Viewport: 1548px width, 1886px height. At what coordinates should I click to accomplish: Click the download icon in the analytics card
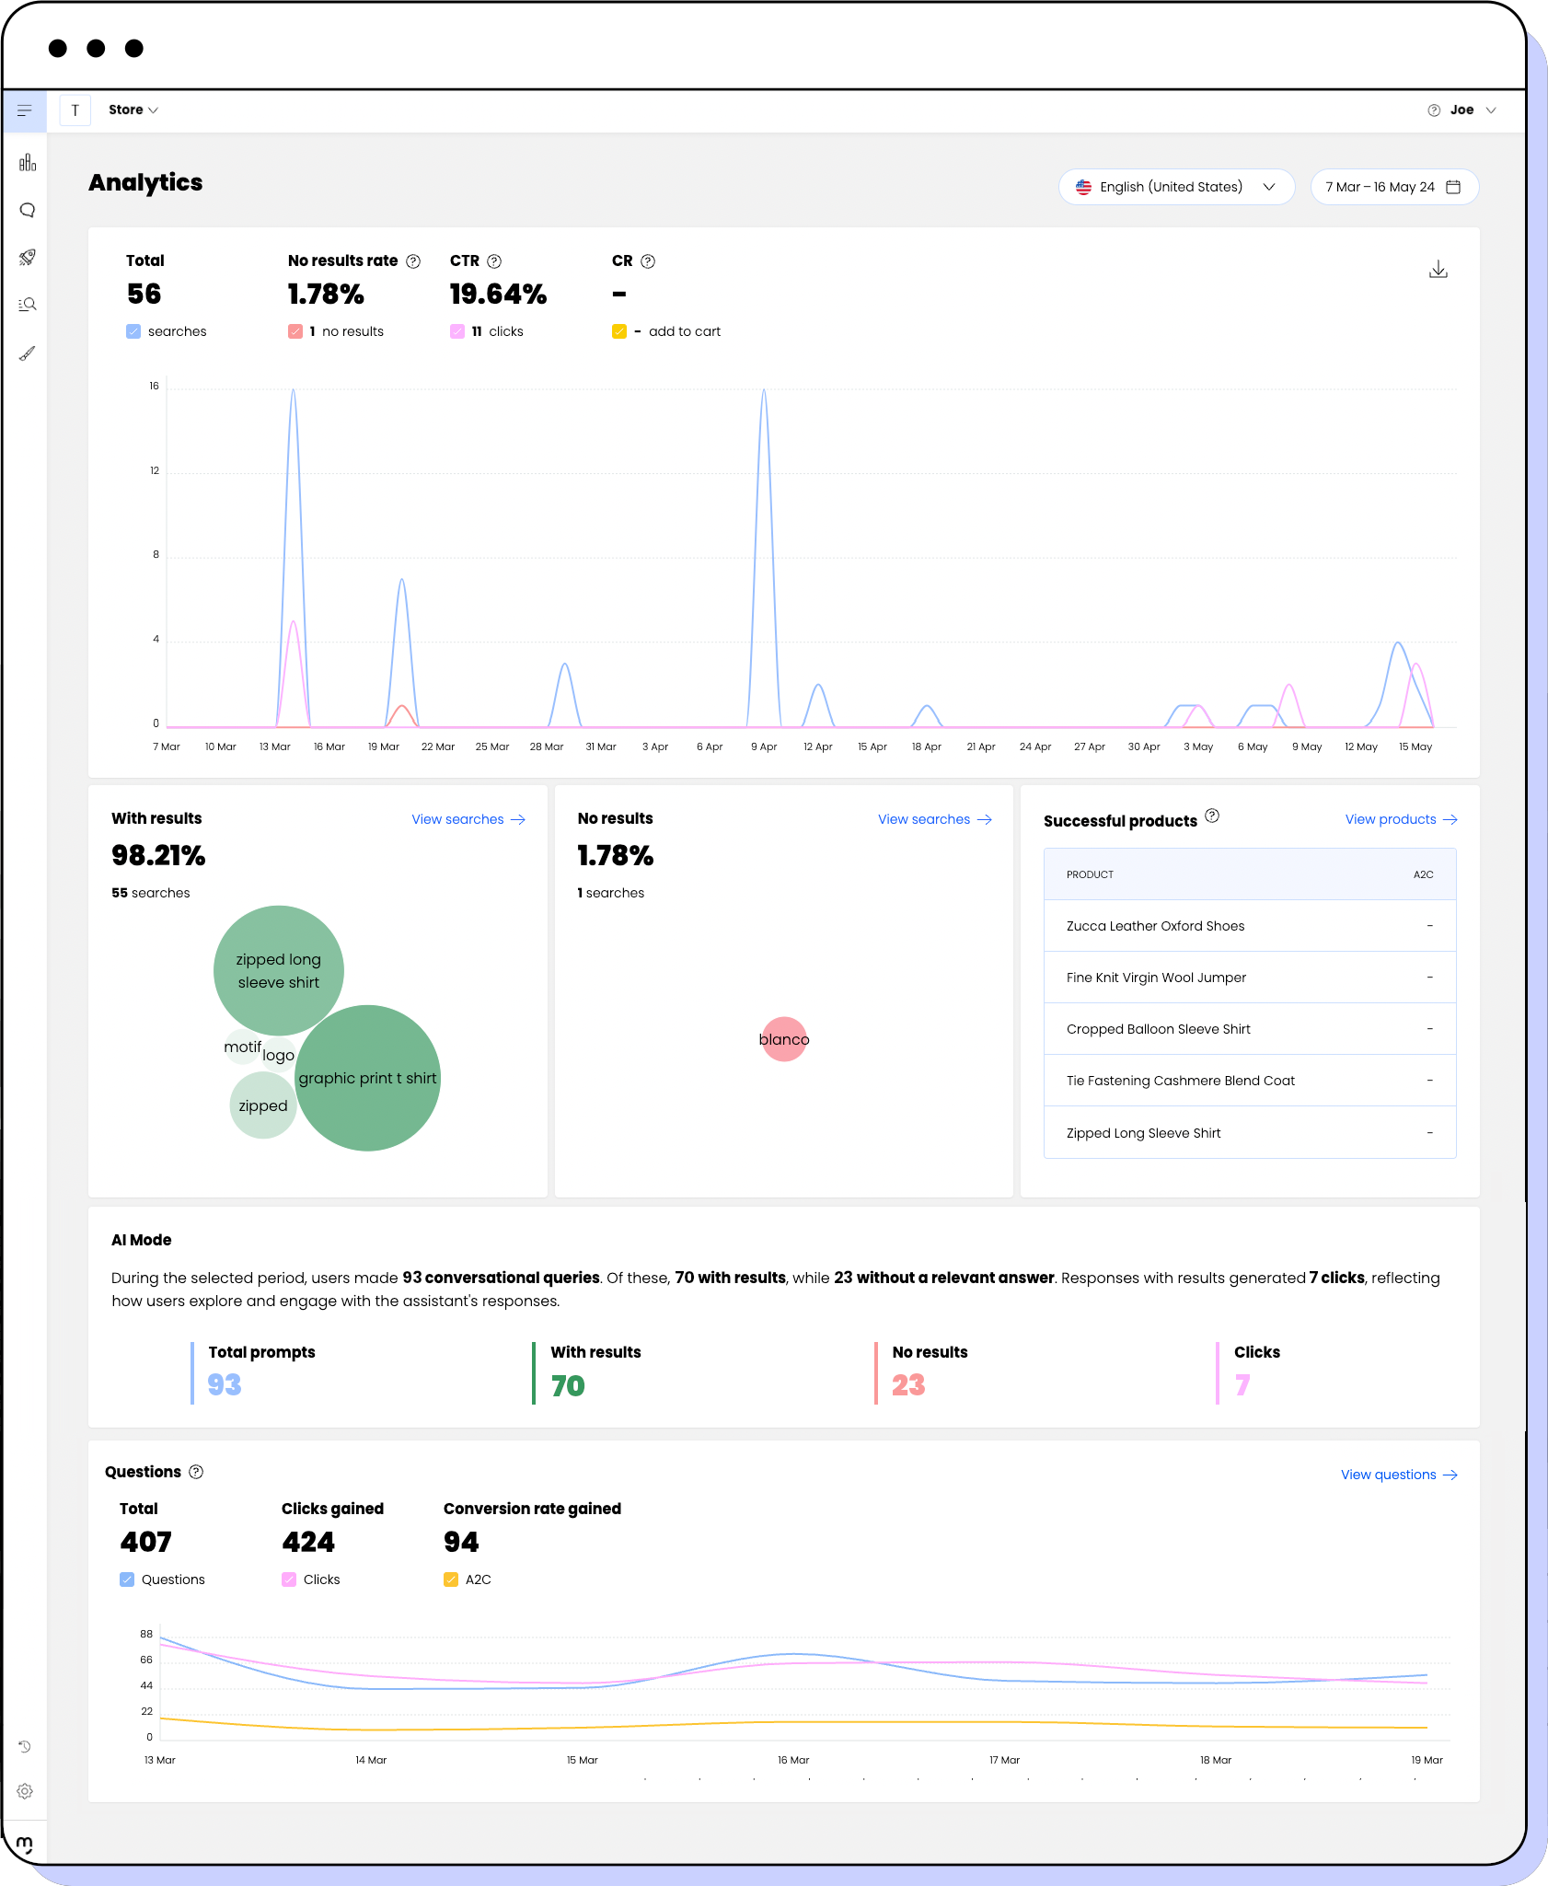[1438, 270]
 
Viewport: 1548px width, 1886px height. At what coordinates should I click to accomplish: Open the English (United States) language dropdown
[1175, 187]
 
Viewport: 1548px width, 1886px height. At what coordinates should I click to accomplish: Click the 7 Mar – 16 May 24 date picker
[1393, 187]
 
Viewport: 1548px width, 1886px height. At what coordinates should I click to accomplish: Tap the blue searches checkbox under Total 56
[133, 331]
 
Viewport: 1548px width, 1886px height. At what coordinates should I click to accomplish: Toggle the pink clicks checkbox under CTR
[457, 331]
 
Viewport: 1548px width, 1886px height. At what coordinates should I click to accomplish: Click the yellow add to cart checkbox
[619, 331]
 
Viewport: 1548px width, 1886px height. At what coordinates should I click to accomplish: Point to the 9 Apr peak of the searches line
[763, 391]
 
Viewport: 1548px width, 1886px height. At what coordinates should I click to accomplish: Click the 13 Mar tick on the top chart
[275, 746]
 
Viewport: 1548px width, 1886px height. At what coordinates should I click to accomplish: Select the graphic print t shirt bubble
[367, 1078]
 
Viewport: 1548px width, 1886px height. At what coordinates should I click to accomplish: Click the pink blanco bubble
[784, 1039]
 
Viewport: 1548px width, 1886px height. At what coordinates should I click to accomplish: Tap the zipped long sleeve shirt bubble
[279, 970]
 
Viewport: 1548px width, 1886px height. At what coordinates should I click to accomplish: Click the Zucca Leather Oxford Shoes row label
[1155, 926]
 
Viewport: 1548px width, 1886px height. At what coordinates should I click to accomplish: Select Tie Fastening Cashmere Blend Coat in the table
[1180, 1081]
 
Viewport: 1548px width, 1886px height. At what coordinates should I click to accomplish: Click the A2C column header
[1423, 874]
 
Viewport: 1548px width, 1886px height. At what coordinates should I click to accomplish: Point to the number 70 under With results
[568, 1385]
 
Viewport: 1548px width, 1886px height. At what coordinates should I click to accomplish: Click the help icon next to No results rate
[413, 261]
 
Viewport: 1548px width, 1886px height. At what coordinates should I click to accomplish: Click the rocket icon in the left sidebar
[27, 257]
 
